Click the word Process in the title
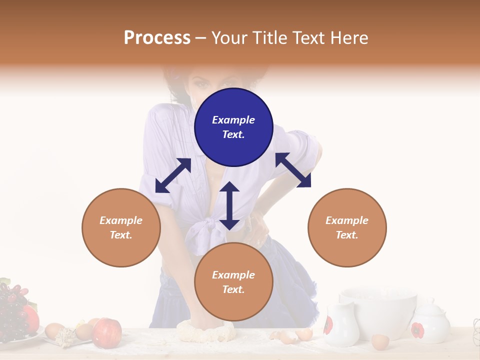tap(157, 38)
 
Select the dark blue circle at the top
tap(233, 127)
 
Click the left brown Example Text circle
tap(121, 227)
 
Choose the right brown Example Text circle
tap(347, 227)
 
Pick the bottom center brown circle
tap(233, 282)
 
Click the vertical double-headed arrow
tap(229, 205)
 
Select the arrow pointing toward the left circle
tap(173, 175)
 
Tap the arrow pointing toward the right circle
tap(293, 170)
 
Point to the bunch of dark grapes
tap(12, 310)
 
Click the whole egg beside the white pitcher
tap(380, 341)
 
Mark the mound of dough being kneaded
tap(205, 331)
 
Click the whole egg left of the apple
tap(54, 330)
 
